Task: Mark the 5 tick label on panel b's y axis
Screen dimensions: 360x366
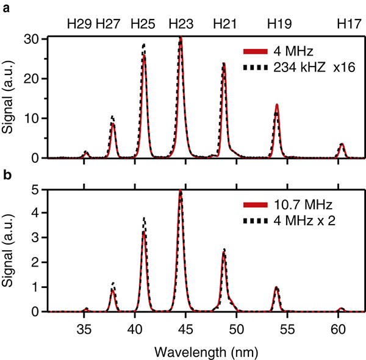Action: pyautogui.click(x=35, y=190)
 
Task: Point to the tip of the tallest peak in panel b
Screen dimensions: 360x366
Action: pyautogui.click(x=181, y=191)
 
